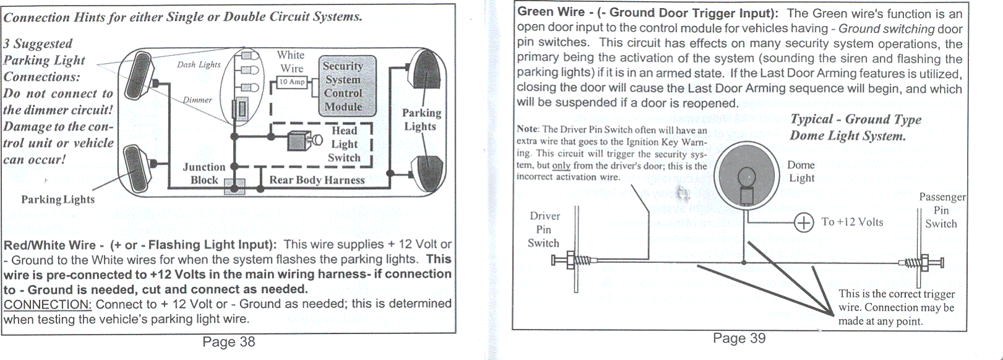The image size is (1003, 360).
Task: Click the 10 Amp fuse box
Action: pos(292,82)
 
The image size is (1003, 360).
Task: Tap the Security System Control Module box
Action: pos(343,87)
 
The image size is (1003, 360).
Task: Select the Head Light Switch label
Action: pos(344,144)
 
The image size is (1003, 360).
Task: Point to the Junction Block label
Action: pos(204,174)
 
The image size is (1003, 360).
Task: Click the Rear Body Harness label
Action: pos(317,180)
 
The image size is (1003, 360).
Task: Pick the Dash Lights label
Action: pos(198,64)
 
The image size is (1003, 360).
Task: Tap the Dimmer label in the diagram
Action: pos(197,100)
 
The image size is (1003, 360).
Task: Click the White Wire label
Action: pos(291,61)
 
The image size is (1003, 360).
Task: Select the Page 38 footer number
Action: pos(229,342)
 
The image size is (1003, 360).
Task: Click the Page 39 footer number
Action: pos(739,338)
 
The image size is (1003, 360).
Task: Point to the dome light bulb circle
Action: pos(746,177)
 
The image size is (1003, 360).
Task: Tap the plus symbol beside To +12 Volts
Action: pos(803,223)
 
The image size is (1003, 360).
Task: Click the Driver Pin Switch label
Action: pos(544,229)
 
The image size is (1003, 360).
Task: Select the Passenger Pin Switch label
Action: pos(942,210)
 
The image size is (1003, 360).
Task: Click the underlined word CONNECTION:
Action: pos(48,304)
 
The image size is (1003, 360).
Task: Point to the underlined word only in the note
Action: pos(561,166)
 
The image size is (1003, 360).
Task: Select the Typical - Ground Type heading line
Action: pos(855,119)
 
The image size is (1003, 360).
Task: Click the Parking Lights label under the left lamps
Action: pos(58,199)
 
